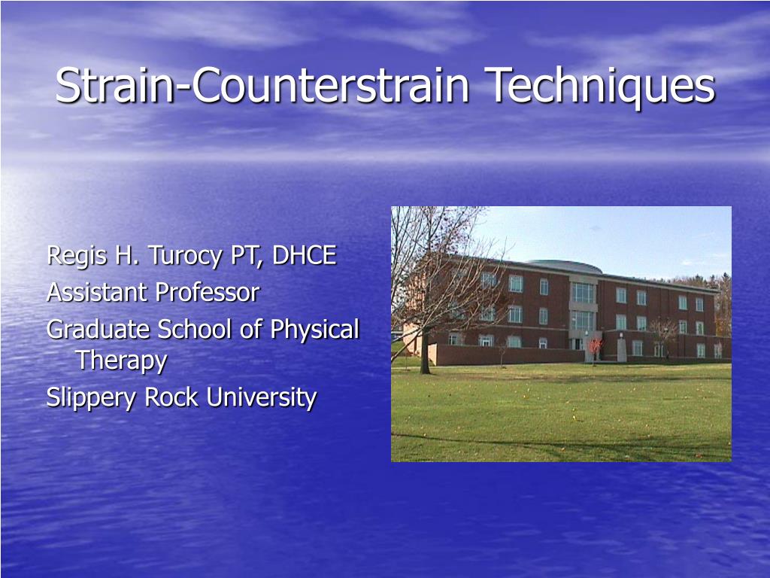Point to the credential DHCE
pyautogui.click(x=304, y=256)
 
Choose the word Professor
pyautogui.click(x=207, y=292)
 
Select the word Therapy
pyautogui.click(x=121, y=360)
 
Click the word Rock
pyautogui.click(x=172, y=397)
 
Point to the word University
pyautogui.click(x=261, y=397)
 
